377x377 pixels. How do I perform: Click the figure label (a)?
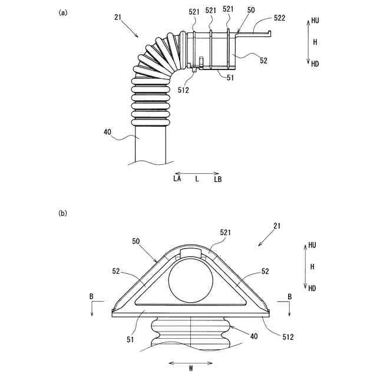coord(62,11)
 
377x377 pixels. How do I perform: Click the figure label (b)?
coord(62,214)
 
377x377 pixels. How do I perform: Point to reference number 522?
coord(280,19)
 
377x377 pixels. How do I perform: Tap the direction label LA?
coord(177,178)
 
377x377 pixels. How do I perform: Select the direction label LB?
coord(217,178)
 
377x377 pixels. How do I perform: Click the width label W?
coord(190,369)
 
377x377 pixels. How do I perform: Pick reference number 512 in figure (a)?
coord(183,90)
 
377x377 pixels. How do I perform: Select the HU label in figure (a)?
coord(315,20)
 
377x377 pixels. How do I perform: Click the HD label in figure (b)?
coord(312,288)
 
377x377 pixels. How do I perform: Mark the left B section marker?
coord(91,297)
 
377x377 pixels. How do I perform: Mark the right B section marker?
coord(289,297)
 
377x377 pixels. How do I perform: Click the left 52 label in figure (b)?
coord(115,271)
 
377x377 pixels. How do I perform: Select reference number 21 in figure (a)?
coord(118,18)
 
